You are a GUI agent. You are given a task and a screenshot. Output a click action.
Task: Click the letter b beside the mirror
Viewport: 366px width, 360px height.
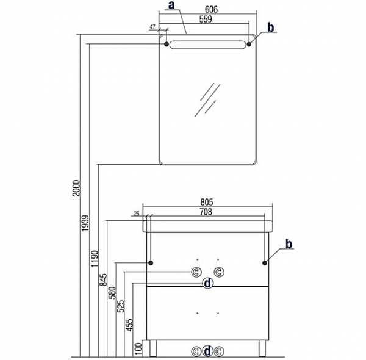[x=271, y=27]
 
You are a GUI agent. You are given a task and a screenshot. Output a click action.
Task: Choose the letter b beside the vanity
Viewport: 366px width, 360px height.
[x=290, y=244]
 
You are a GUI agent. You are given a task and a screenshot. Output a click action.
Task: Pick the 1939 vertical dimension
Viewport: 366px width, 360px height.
[x=86, y=225]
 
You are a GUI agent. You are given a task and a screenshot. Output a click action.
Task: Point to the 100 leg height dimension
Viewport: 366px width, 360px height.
[x=139, y=347]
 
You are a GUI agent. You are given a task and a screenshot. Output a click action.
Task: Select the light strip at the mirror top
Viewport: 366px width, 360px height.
[x=207, y=44]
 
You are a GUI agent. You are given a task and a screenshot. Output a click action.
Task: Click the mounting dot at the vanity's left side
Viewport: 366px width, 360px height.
[x=150, y=262]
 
